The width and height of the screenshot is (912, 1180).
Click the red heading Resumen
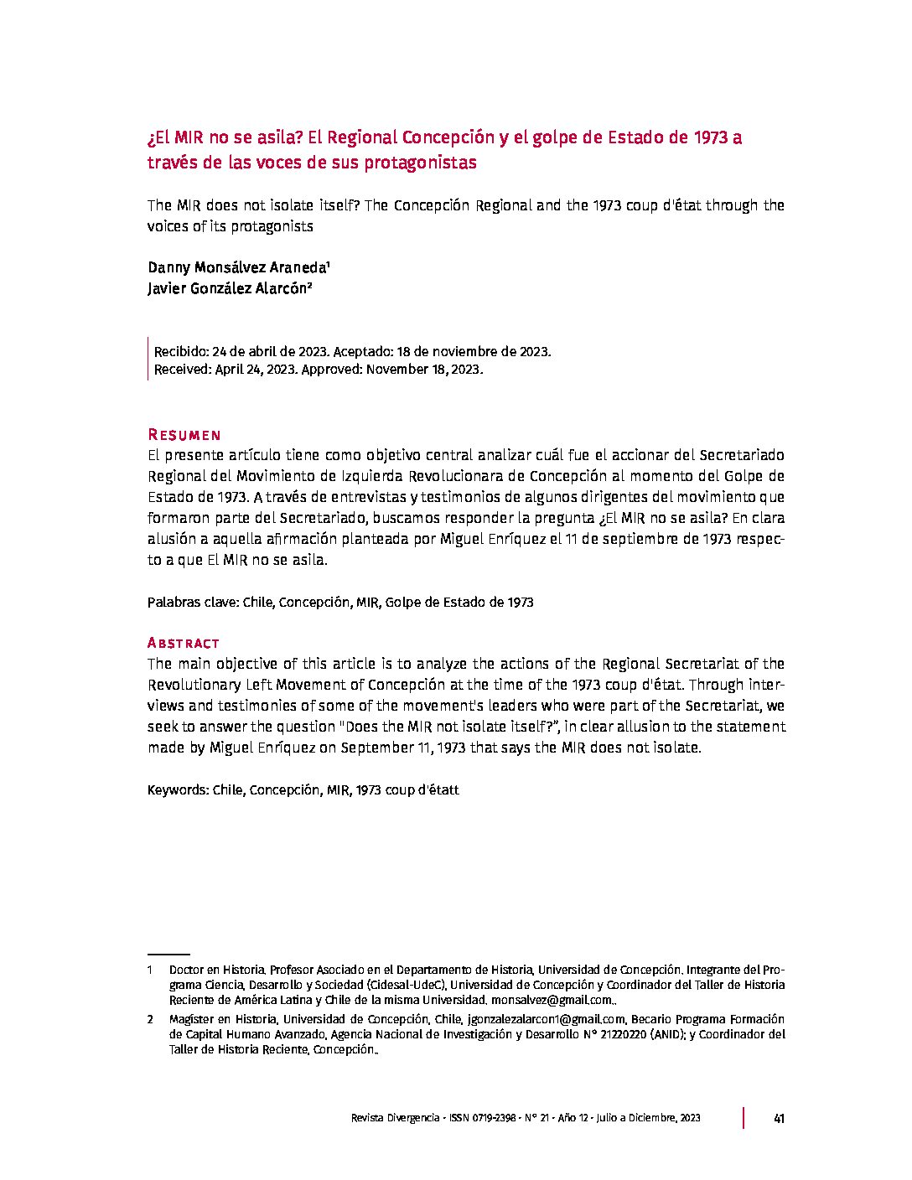click(184, 435)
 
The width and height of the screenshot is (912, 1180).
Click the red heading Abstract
click(183, 643)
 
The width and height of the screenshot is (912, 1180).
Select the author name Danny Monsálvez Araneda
click(237, 268)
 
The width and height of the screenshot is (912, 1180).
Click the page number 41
click(779, 1118)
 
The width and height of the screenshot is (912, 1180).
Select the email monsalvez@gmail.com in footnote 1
click(552, 1000)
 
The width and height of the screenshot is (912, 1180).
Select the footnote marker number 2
click(150, 1019)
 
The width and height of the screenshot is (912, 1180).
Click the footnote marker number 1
click(150, 969)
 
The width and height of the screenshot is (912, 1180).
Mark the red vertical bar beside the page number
click(743, 1118)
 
